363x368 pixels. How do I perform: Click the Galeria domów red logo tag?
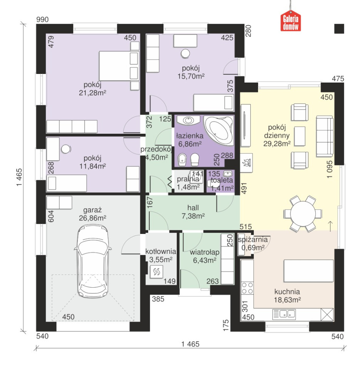point(290,23)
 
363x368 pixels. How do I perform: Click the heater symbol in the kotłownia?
point(157,271)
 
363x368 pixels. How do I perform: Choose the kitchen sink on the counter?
point(284,314)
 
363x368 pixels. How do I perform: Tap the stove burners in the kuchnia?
point(247,288)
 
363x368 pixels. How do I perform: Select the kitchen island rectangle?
point(308,271)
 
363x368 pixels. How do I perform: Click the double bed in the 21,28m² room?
point(119,66)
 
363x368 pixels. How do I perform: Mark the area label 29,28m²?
point(277,143)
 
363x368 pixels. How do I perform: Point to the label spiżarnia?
point(253,240)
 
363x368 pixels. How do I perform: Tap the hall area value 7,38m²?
point(193,216)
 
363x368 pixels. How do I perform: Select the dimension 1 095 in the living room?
point(330,170)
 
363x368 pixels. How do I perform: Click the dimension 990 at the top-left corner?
point(42,20)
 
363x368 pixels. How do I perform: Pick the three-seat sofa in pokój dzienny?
point(325,136)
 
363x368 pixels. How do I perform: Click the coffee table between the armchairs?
point(300,136)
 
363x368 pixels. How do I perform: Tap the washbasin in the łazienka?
point(188,120)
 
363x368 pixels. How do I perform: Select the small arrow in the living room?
point(330,226)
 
